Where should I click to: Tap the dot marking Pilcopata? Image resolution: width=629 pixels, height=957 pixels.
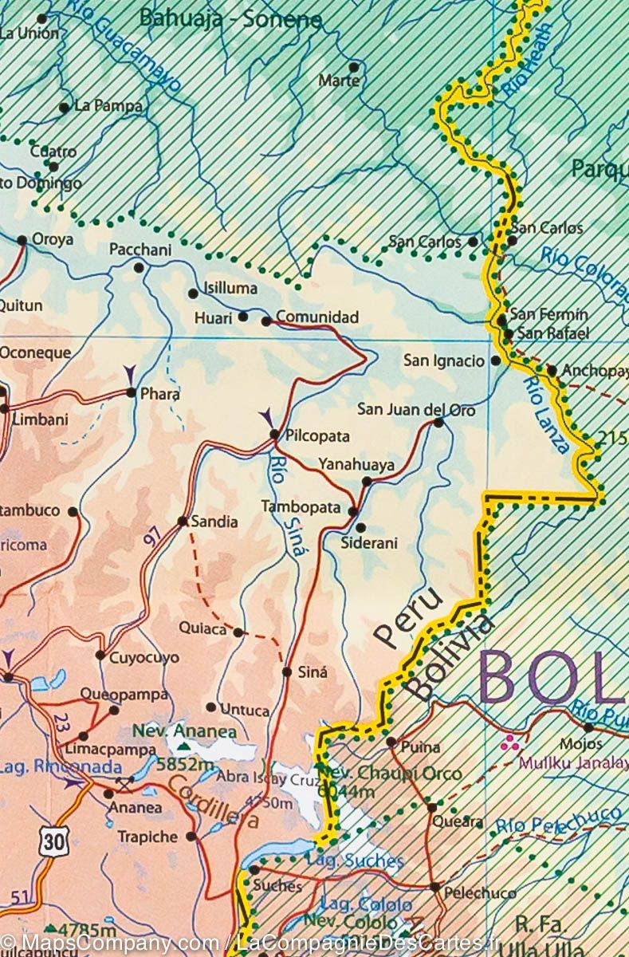274,435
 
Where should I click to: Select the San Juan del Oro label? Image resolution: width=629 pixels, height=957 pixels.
416,410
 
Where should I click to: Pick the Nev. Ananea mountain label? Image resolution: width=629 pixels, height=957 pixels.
185,732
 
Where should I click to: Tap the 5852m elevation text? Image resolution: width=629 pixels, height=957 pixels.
186,766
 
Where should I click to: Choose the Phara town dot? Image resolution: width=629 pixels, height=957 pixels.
132,392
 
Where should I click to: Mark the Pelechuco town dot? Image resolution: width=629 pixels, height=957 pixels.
434,886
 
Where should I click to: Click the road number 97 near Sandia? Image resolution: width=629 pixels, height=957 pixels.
151,538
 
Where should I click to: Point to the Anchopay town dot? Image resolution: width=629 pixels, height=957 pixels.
552,370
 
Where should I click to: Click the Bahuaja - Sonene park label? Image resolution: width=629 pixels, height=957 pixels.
230,19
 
